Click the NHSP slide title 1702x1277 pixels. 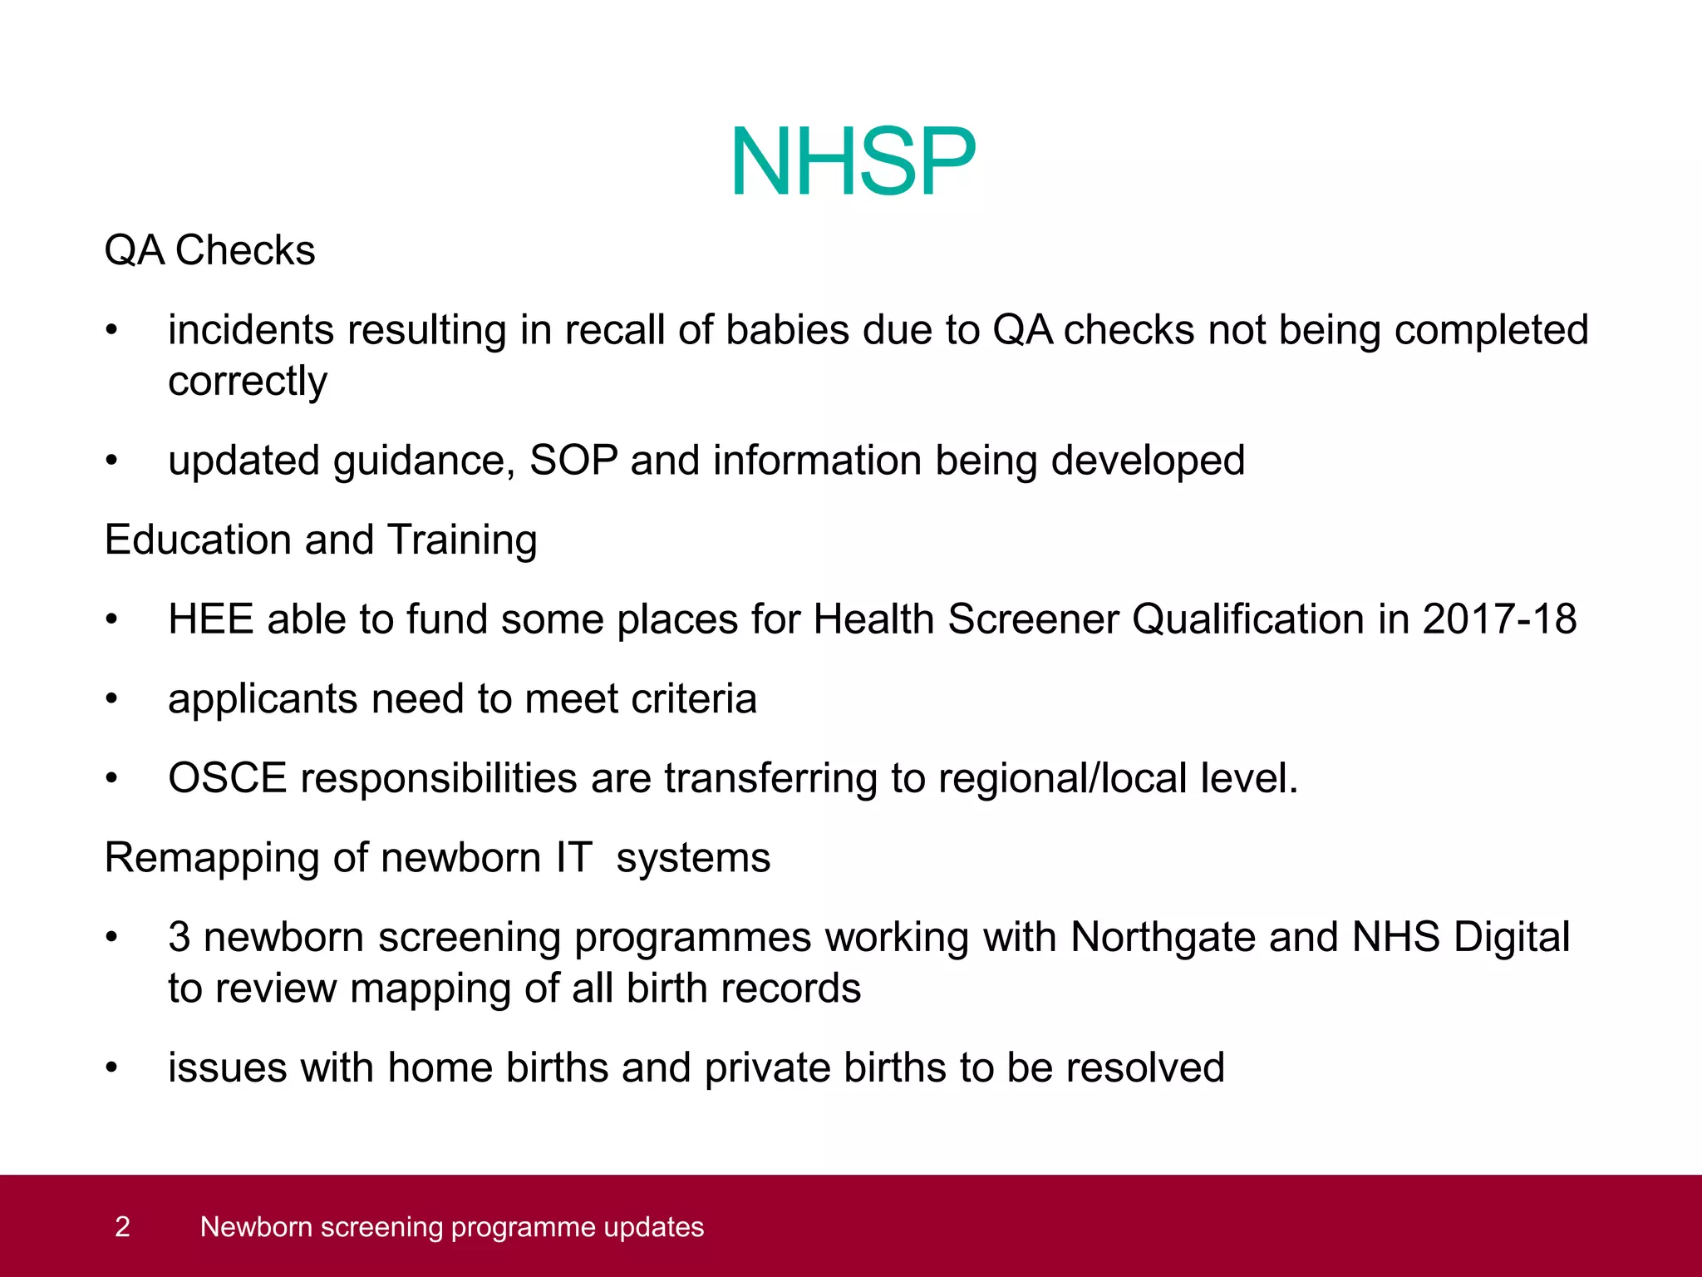point(852,162)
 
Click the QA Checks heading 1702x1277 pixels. point(209,250)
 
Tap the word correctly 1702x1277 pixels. point(248,382)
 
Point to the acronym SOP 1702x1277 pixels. point(573,461)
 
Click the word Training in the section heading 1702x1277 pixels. point(462,540)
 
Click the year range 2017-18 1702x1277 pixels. point(1499,619)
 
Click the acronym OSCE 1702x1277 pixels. point(227,779)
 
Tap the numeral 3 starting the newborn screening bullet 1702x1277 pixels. point(180,938)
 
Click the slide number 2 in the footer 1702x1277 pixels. point(122,1227)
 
